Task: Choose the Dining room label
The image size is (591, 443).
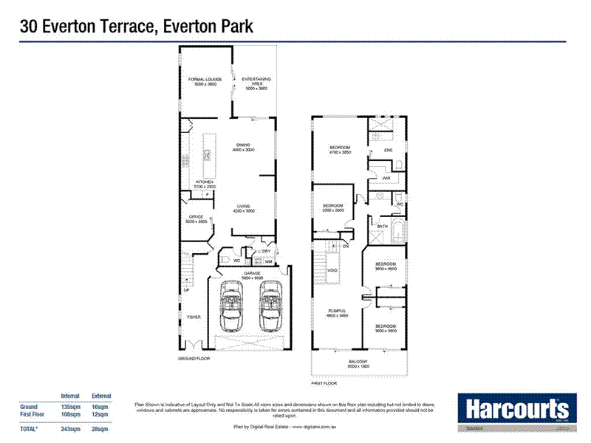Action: click(x=243, y=147)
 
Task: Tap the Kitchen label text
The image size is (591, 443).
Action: click(x=205, y=184)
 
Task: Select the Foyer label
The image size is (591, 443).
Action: click(x=193, y=317)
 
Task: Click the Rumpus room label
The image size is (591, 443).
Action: click(x=337, y=313)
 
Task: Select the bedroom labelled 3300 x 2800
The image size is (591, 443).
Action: click(x=333, y=207)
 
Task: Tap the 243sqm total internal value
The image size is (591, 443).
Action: click(x=70, y=429)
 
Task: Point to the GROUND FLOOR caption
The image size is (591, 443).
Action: click(x=194, y=358)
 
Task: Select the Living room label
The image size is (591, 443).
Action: click(x=244, y=208)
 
